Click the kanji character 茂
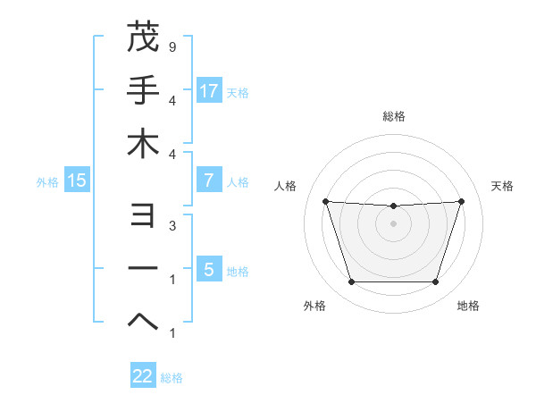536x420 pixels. click(x=143, y=38)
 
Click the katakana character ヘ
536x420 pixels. click(x=143, y=321)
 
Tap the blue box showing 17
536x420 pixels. click(x=209, y=90)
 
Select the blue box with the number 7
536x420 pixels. click(x=209, y=180)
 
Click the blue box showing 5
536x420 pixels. click(x=209, y=269)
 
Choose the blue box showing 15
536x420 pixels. click(x=77, y=181)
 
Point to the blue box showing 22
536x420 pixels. click(x=143, y=376)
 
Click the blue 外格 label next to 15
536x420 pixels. click(x=47, y=181)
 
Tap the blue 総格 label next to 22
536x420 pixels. click(x=172, y=377)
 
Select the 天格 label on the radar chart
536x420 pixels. click(x=503, y=186)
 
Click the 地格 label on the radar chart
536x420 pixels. click(x=468, y=306)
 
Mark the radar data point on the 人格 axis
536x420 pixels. click(x=325, y=201)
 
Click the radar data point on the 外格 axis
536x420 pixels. click(x=351, y=281)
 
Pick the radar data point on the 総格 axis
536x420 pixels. click(x=393, y=206)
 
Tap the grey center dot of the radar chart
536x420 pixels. click(x=393, y=223)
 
